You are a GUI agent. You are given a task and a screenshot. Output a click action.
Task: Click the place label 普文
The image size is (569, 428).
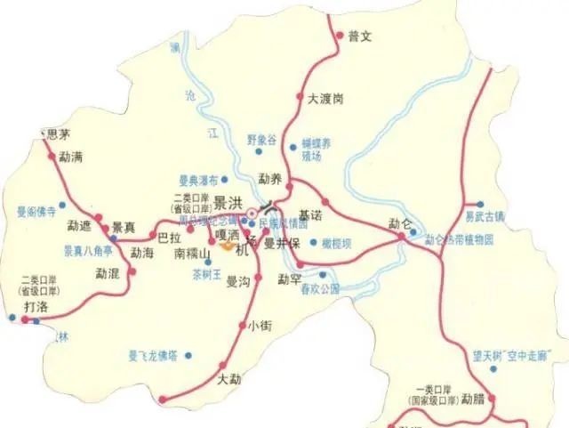pyautogui.click(x=358, y=36)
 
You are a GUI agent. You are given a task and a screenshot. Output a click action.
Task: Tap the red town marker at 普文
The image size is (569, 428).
pyautogui.click(x=339, y=36)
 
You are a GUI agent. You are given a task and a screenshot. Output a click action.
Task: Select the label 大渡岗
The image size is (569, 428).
pyautogui.click(x=325, y=98)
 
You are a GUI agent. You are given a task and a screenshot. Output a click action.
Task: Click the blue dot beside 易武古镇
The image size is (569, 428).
pyautogui.click(x=480, y=204)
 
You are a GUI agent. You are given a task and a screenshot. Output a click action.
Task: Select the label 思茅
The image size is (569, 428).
pyautogui.click(x=57, y=135)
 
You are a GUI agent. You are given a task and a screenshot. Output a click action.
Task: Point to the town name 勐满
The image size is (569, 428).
pyautogui.click(x=70, y=157)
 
